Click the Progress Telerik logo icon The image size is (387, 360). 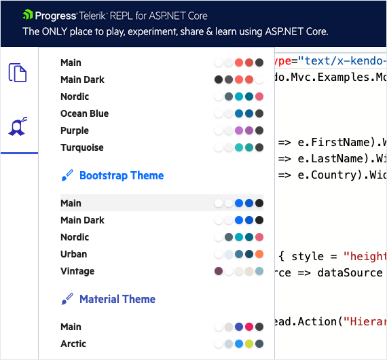[28, 15]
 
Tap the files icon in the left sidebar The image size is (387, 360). [18, 72]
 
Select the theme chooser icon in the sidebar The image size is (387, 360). [18, 126]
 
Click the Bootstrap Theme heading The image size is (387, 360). [121, 175]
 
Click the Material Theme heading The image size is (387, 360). [117, 299]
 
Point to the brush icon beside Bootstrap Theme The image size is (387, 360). [67, 176]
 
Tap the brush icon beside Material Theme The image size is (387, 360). [67, 300]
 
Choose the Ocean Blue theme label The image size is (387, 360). [84, 113]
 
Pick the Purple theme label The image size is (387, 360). [75, 130]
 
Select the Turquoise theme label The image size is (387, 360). [82, 147]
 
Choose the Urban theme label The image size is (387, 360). [73, 254]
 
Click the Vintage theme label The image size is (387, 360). [77, 271]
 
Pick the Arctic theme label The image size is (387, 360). [73, 344]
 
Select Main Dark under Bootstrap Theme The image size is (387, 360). [82, 220]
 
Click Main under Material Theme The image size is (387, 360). [71, 327]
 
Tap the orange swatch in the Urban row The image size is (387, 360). [259, 254]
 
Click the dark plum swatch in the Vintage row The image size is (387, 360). [219, 271]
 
